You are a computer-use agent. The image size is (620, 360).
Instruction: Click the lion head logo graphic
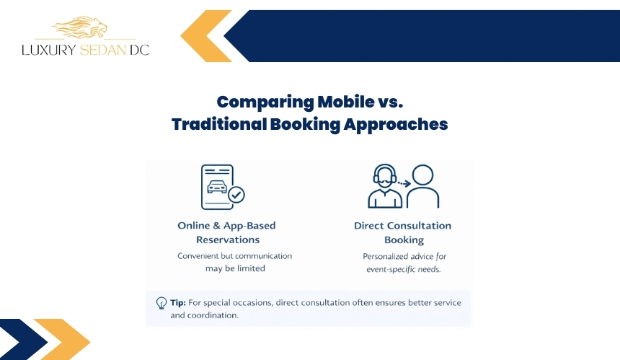point(79,27)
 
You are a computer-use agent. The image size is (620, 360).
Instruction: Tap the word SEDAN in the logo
point(103,50)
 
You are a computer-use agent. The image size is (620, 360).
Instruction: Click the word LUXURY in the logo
point(48,50)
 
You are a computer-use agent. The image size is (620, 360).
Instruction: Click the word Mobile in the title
point(345,102)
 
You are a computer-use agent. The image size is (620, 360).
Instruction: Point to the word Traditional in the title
point(218,124)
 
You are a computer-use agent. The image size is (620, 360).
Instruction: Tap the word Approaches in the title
point(395,125)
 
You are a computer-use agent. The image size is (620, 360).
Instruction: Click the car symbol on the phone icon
point(217,186)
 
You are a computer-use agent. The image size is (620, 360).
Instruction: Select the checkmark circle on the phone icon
point(236,195)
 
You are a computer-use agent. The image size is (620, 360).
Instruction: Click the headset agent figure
point(385,186)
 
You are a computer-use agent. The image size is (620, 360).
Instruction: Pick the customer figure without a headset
point(422,186)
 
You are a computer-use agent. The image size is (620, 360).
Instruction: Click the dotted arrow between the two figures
point(404,183)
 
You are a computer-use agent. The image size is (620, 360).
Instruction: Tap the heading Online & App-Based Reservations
point(227,232)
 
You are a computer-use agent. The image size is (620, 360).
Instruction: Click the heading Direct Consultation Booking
point(403,232)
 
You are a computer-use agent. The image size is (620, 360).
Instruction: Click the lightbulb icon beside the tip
point(161,303)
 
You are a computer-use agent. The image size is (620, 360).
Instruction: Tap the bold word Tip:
point(178,303)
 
